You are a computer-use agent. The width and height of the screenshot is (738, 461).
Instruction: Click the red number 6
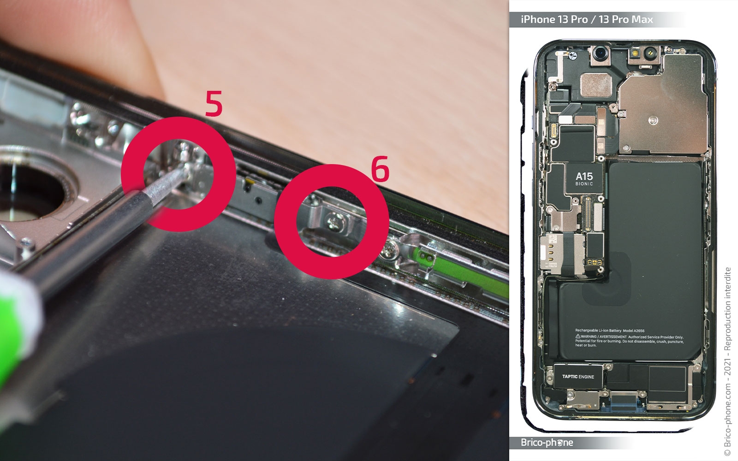pos(380,169)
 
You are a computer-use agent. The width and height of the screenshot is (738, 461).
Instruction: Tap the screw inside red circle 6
pos(333,223)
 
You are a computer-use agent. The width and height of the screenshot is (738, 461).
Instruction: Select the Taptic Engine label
pos(578,377)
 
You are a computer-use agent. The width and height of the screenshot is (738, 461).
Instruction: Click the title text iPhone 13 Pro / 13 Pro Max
pos(587,19)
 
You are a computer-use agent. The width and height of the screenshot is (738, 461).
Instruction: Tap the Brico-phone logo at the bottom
pos(547,443)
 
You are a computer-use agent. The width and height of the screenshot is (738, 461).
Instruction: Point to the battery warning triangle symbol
pos(577,337)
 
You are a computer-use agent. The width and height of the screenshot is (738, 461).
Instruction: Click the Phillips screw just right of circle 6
pos(391,251)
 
